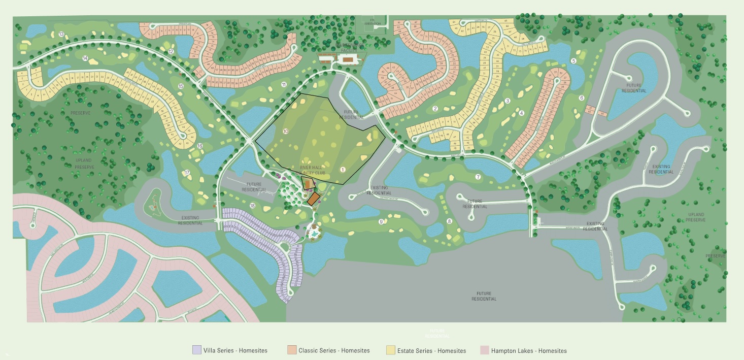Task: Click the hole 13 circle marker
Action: [x=61, y=34]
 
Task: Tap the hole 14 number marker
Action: [x=85, y=59]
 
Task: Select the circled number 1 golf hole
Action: [x=343, y=170]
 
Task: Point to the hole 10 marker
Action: [x=286, y=131]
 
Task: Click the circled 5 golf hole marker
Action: [x=573, y=61]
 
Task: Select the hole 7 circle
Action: [x=478, y=177]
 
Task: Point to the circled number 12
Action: [x=171, y=52]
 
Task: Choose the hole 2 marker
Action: [x=435, y=109]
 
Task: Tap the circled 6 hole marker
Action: [x=582, y=98]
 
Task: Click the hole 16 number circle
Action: [x=200, y=146]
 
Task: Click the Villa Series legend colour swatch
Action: [x=197, y=350]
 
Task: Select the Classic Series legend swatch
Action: [x=292, y=350]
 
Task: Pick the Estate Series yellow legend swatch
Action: [x=391, y=350]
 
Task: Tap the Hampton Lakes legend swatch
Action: [x=484, y=350]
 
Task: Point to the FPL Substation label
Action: [x=375, y=22]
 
